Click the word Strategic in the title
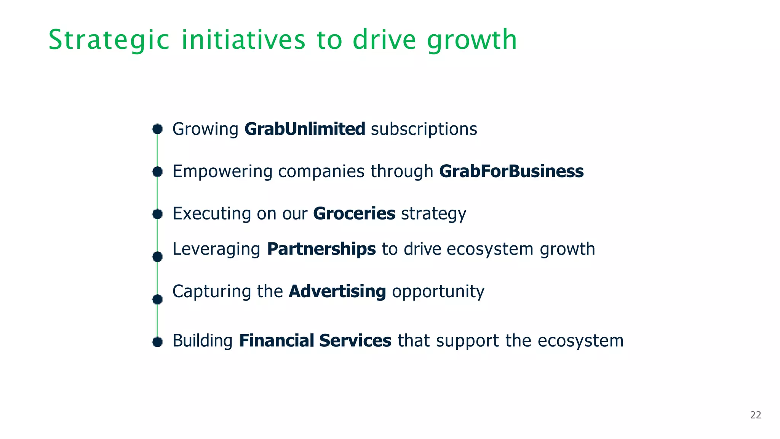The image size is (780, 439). (109, 40)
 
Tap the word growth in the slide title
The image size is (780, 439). (472, 40)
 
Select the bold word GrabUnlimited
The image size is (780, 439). (305, 129)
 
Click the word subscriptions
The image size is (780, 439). (424, 129)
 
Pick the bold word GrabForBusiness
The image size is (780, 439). (511, 171)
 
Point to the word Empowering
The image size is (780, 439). (222, 171)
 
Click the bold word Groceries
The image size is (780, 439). (354, 213)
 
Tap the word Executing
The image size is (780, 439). (212, 213)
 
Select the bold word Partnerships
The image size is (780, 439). (321, 249)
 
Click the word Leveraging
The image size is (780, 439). (216, 249)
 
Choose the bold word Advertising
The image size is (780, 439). (337, 292)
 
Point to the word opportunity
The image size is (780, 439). (438, 292)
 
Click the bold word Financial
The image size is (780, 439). (277, 341)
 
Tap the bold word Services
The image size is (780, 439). (355, 341)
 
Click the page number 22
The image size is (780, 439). (756, 415)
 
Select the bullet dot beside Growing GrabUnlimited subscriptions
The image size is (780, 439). (157, 129)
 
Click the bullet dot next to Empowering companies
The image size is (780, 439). (157, 172)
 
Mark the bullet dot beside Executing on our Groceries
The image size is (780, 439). (157, 214)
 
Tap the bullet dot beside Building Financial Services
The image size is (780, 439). (157, 342)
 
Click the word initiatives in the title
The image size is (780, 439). (243, 40)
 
